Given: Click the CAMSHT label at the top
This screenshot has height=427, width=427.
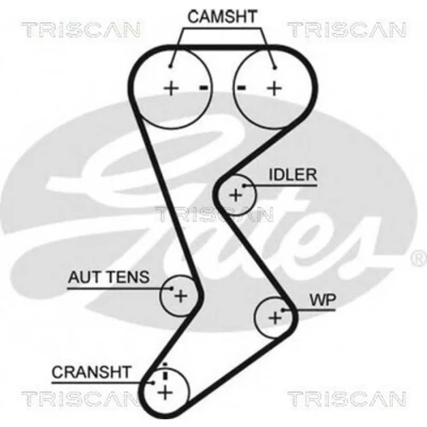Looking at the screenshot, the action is pos(222,16).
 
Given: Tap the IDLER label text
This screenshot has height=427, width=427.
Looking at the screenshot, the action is pos(293,174).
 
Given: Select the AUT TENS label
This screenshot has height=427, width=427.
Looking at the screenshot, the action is pos(108,277).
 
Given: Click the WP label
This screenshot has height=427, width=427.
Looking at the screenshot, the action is pos(323,300).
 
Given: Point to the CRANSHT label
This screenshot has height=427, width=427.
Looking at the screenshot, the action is pos(91,372).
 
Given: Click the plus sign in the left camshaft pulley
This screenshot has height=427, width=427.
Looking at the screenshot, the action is pos(171,88).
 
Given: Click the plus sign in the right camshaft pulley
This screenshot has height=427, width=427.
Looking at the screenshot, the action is pos(274,88).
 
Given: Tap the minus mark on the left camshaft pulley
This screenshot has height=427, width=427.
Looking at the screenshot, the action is pos(203,88).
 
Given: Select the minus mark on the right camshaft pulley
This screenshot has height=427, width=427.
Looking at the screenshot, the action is pos(242,88).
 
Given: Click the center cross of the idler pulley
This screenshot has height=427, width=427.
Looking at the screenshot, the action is pos(236,196).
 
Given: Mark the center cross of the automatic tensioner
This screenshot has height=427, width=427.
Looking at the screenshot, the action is pos(180,296).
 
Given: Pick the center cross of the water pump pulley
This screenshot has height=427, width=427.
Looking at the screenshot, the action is pos(275,318).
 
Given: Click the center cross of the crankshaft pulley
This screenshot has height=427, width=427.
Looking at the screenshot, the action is pos(166,393).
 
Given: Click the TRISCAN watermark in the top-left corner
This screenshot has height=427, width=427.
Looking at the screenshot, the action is pos(81,30).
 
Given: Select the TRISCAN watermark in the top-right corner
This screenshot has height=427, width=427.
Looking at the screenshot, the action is pos(347,30).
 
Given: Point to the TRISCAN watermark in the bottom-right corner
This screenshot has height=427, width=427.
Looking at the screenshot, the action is pos(347,398).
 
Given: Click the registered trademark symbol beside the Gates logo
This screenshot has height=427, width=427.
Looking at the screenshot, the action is pos(418,259).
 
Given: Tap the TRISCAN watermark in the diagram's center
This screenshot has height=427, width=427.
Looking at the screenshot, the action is pos(214,214).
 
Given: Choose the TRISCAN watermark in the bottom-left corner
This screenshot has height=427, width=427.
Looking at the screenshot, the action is pos(81,398).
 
